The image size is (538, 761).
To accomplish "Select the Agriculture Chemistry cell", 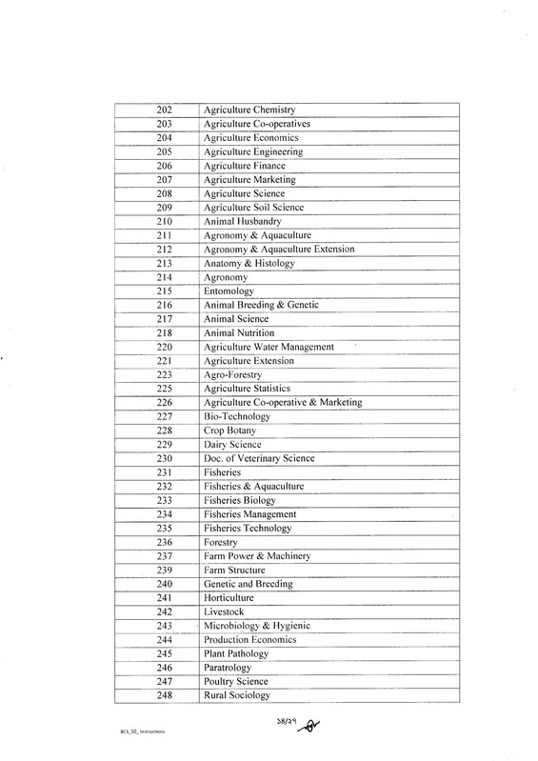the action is pos(250,110).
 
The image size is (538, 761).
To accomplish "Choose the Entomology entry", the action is pos(229,290).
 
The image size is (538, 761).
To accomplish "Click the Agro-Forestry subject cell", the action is pos(234,375).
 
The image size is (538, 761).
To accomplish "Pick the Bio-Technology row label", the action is pos(237,417).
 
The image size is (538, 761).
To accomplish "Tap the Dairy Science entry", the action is pos(232,445).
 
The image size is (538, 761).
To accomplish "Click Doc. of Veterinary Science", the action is pos(259,459).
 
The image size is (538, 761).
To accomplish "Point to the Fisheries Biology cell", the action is pos(240,500).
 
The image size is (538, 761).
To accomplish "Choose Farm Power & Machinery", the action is pos(256,556).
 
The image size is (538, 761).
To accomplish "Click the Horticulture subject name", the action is pos(229,597).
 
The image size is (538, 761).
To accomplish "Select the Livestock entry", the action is pos(224,611).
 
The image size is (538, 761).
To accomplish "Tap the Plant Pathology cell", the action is pos(236,654).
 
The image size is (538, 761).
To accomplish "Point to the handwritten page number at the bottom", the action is pos(277,728).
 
